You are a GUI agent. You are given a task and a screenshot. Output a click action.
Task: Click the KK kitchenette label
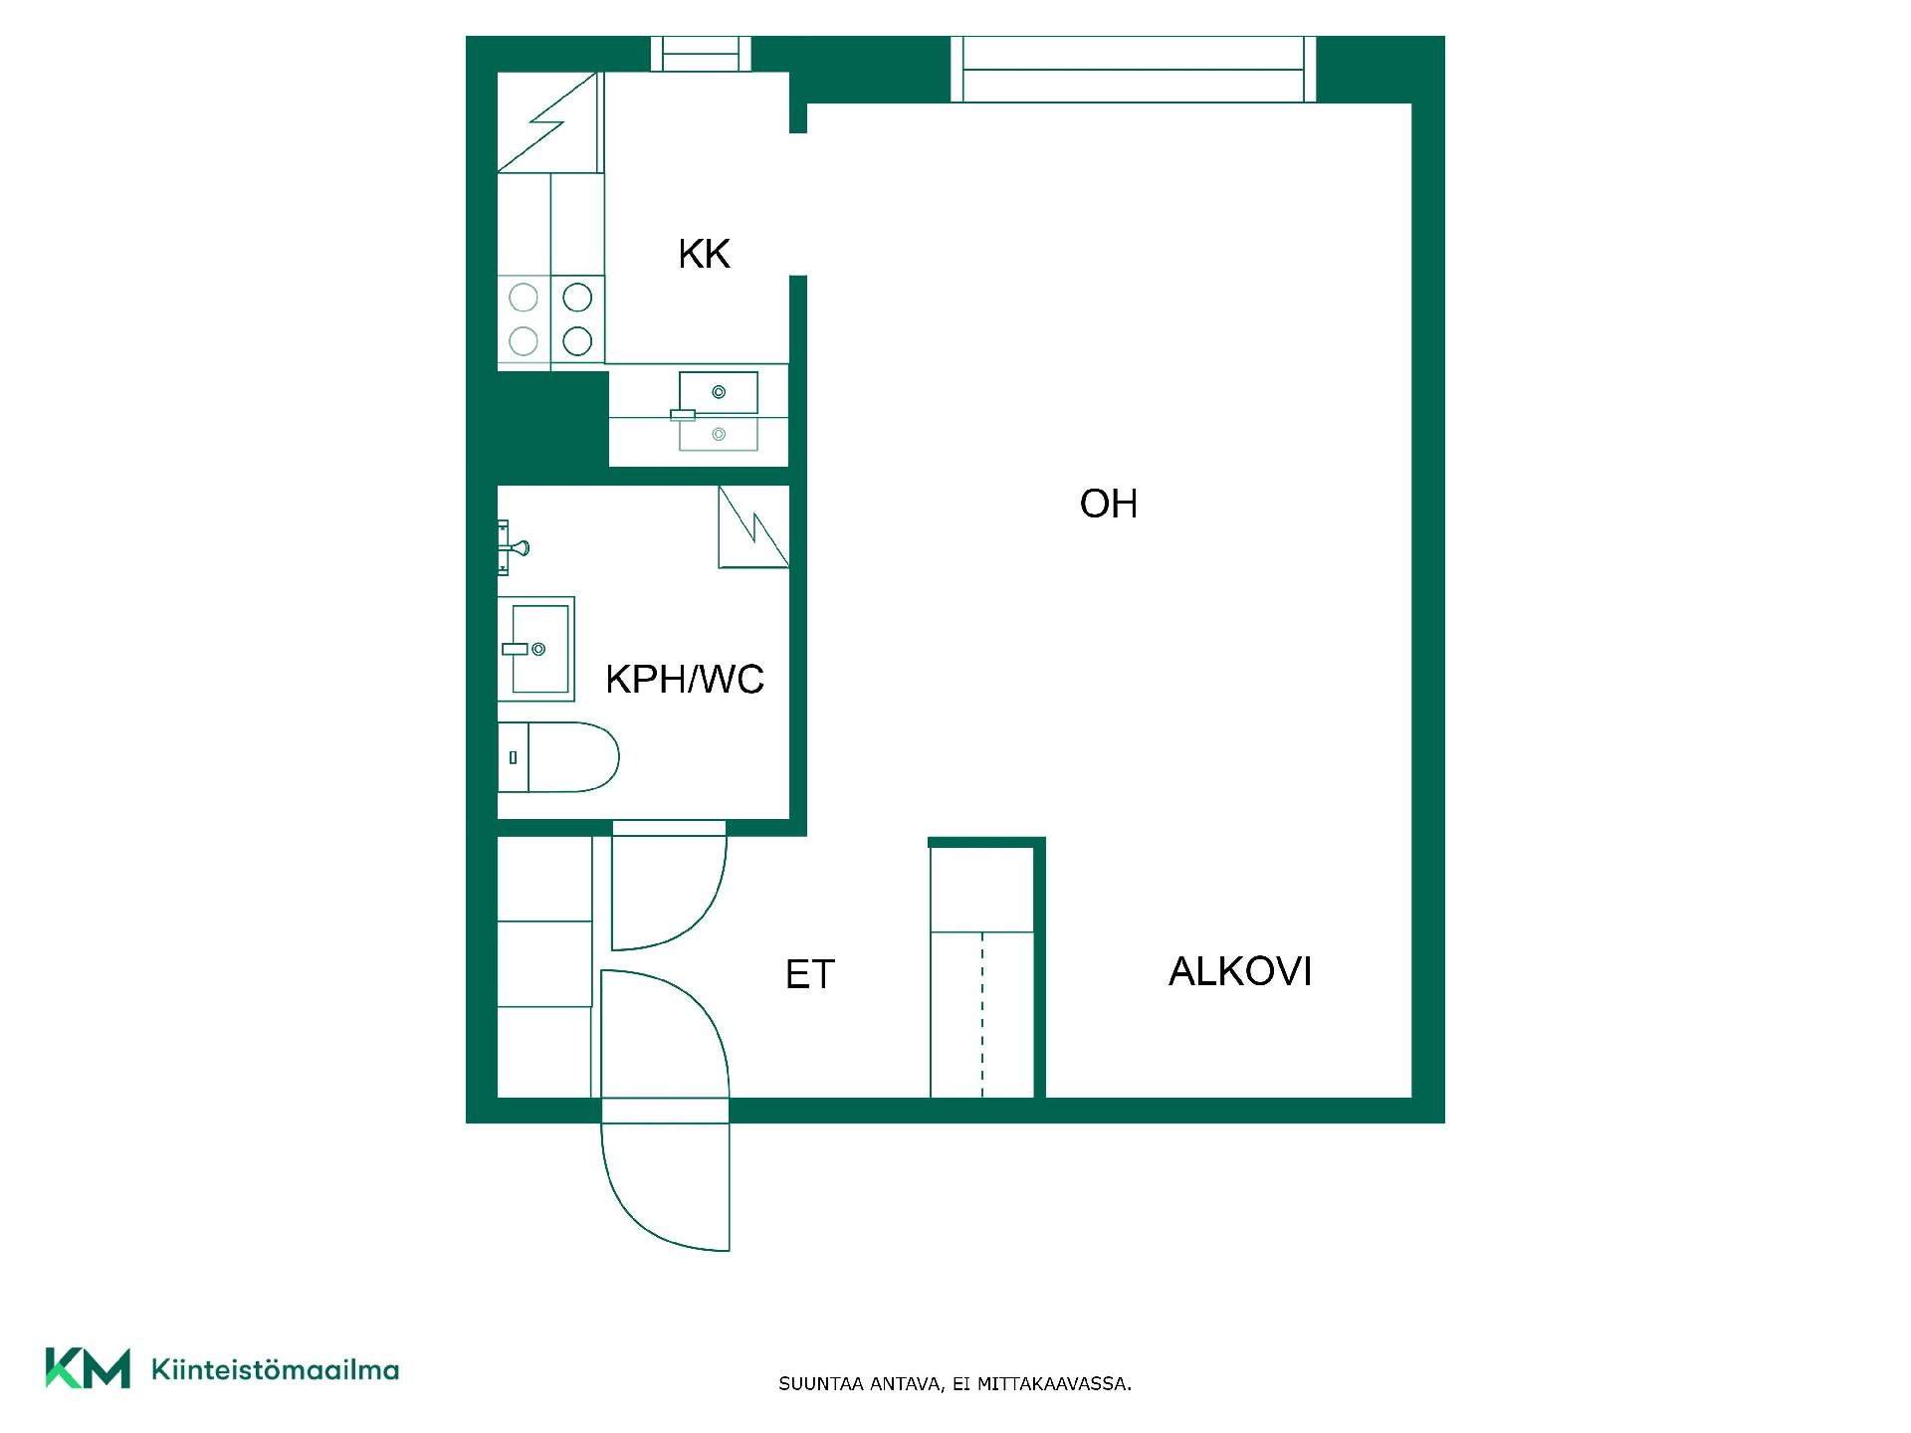point(704,254)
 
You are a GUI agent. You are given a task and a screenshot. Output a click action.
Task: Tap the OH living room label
point(1108,504)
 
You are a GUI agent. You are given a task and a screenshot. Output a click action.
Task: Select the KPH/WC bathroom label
point(685,680)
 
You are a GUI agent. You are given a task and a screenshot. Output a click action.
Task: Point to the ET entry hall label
point(809,974)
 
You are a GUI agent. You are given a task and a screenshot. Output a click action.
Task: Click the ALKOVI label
point(1240,971)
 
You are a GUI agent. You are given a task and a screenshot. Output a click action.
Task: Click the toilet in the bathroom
point(557,757)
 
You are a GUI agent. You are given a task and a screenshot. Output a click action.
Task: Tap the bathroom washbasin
point(536,649)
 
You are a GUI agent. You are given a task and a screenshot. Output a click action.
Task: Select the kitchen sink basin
point(719,392)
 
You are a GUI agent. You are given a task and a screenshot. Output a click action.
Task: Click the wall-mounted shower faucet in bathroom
point(512,547)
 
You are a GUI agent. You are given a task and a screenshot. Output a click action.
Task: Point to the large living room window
point(1134,69)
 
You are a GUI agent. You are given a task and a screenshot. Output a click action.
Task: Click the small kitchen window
point(701,54)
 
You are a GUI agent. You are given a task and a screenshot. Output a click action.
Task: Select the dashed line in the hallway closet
point(982,1015)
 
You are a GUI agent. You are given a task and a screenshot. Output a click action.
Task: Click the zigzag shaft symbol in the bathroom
point(753,527)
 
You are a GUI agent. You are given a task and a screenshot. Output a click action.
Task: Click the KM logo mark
point(88,1368)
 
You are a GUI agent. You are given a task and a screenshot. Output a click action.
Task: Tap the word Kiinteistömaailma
point(275,1369)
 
